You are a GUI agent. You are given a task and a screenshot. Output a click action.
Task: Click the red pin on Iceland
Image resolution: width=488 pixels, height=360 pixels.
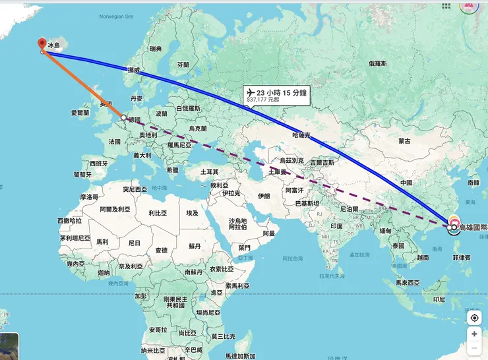coord(42,44)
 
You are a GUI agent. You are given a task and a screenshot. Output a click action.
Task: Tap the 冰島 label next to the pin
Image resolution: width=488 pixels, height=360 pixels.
coord(53,45)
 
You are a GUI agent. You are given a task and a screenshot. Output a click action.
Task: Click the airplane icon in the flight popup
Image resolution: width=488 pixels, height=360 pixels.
coord(250,92)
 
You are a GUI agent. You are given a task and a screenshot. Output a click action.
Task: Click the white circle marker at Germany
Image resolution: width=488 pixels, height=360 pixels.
coord(123,117)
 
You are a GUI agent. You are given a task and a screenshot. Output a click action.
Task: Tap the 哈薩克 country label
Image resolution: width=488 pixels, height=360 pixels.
coord(299,134)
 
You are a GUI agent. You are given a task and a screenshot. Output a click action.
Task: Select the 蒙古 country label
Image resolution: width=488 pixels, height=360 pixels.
coord(404,141)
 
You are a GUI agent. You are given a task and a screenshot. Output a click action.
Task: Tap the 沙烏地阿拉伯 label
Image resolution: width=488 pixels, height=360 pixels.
coord(237,224)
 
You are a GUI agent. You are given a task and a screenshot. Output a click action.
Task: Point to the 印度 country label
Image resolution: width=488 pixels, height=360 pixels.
coord(336,226)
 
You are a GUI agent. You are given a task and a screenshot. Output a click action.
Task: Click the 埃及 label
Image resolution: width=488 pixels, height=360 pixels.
coord(192,214)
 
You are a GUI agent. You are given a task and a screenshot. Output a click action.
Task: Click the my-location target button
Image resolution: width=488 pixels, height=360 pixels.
coord(474,318)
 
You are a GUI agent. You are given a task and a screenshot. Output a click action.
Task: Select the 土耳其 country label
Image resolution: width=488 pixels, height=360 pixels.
coord(209,171)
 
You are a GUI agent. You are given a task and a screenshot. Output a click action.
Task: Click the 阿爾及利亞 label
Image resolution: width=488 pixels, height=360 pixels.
coord(114,209)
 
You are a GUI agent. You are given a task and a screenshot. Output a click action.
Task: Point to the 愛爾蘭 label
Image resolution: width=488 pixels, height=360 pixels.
coord(78,113)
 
